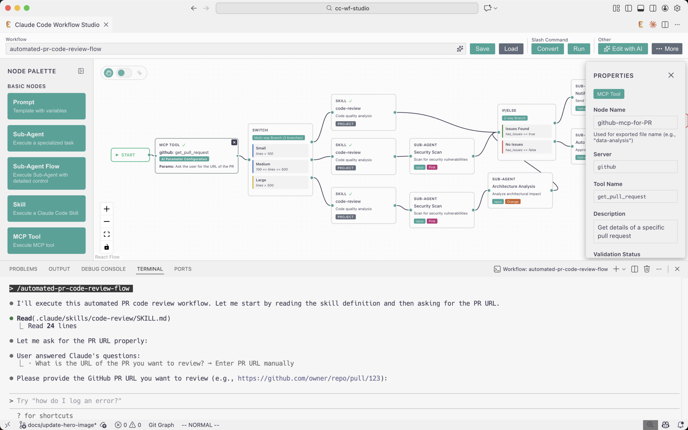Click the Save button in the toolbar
click(482, 49)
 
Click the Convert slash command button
click(547, 49)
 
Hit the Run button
click(579, 49)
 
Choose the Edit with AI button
click(623, 49)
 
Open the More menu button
click(667, 49)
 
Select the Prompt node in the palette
click(46, 106)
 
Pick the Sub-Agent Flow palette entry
click(46, 173)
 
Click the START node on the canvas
click(130, 155)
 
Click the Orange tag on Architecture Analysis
click(513, 202)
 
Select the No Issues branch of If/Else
click(526, 147)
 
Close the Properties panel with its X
click(671, 75)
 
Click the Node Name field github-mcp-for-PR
click(635, 123)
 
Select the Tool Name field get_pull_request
click(635, 197)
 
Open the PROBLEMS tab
click(23, 269)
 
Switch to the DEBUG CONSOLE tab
click(103, 269)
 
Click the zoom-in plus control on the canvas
click(107, 209)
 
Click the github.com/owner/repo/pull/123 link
click(309, 378)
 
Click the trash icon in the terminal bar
click(647, 269)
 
